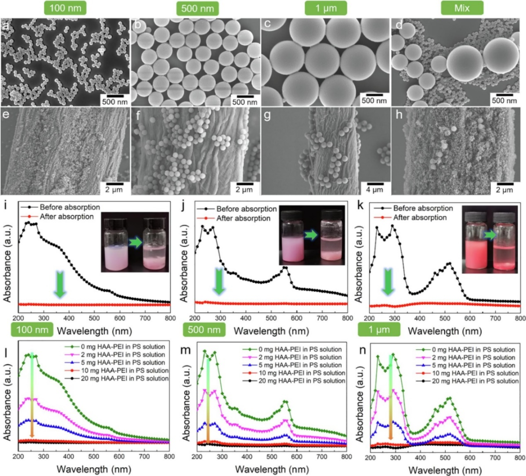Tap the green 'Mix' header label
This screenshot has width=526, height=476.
click(x=462, y=8)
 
